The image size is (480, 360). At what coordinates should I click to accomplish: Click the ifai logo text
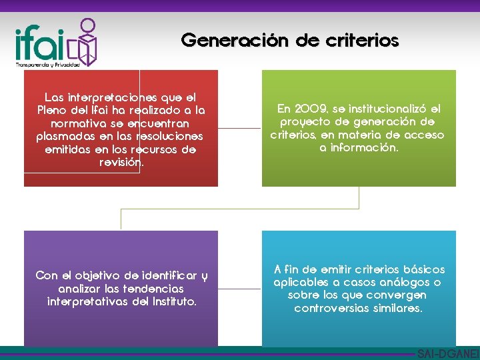pyautogui.click(x=40, y=43)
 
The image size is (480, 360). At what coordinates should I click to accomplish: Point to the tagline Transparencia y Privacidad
pyautogui.click(x=47, y=65)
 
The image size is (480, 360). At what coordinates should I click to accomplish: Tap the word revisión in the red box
pyautogui.click(x=120, y=162)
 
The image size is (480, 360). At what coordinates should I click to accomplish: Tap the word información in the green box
pyautogui.click(x=359, y=148)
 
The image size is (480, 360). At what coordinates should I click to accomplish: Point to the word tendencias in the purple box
pyautogui.click(x=152, y=289)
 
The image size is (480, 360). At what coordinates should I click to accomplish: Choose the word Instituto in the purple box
pyautogui.click(x=172, y=301)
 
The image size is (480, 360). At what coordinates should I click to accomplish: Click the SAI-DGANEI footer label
pyautogui.click(x=447, y=353)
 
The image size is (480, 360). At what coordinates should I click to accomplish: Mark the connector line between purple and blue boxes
pyautogui.click(x=239, y=288)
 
